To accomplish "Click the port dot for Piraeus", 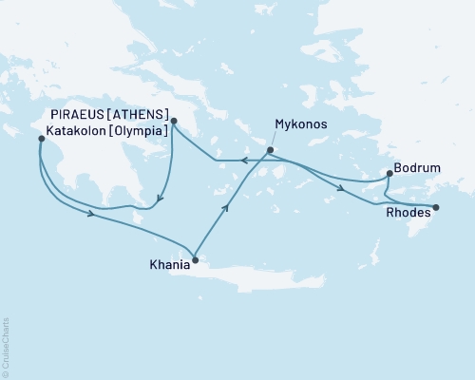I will (174, 120).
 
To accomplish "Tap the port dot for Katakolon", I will (41, 139).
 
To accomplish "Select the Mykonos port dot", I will (271, 150).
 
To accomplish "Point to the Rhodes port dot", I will (436, 207).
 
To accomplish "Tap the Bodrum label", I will (420, 167).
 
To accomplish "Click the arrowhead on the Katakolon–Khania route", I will (91, 215).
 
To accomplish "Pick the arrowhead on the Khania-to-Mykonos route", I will (226, 205).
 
